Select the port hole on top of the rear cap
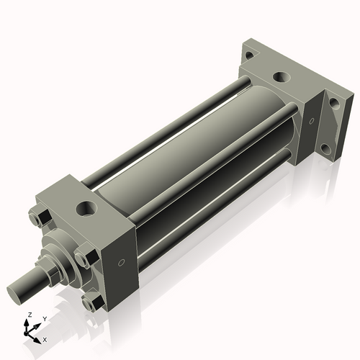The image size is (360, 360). pos(279,76)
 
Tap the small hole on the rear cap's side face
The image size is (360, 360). pos(311,120)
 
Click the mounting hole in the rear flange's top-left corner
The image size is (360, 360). pos(248,55)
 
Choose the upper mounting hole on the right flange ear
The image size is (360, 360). pos(335,102)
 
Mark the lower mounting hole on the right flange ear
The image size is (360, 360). pos(325,150)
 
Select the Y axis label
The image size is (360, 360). pos(44,318)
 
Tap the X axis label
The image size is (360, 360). pos(45,338)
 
